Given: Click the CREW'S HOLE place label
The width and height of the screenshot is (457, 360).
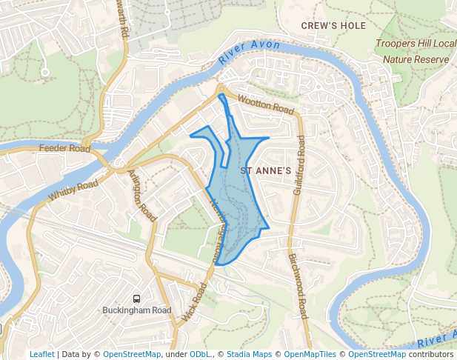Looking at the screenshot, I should coord(333,26).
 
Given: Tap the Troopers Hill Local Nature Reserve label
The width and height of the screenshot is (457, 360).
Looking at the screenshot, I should coord(416,50).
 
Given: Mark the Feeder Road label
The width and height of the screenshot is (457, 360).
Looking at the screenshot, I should coord(64,148).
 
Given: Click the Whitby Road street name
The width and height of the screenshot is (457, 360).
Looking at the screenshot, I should coord(73,190).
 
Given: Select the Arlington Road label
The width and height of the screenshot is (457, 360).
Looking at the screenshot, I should coord(142,195).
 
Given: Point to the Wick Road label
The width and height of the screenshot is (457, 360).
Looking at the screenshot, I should coord(193,303).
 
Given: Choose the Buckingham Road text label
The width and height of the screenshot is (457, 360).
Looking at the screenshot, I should coord(137,310).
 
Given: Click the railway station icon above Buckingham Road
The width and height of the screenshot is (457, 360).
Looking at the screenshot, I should coord(137,299).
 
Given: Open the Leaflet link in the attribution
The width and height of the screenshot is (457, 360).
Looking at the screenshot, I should coord(41,354).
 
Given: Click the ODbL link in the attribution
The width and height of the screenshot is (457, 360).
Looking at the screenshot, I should coord(199,354).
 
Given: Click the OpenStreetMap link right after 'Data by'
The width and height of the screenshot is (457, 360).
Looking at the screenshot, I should coord(132,354).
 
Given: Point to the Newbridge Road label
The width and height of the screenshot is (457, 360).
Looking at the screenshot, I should coord(216,226).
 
